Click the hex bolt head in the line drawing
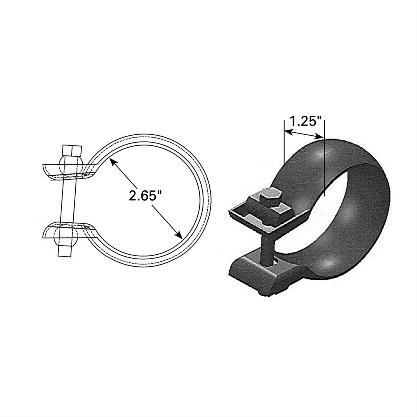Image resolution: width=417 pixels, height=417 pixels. click(x=72, y=151)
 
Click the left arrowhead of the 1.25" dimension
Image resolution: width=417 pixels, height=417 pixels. click(x=286, y=131)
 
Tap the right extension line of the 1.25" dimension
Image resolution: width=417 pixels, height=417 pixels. click(x=324, y=167)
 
